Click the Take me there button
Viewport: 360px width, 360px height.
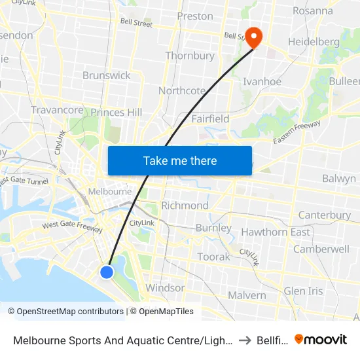coord(180,160)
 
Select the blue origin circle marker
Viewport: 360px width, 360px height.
coord(107,272)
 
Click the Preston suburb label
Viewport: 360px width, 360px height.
coord(195,16)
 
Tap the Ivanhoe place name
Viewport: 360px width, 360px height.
coord(262,82)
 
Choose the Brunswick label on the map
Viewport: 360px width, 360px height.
coord(107,75)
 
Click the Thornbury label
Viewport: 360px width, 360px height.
coord(190,56)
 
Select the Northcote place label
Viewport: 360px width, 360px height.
coord(182,91)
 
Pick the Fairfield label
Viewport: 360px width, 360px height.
coord(210,119)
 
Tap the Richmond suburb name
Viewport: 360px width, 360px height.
coord(185,206)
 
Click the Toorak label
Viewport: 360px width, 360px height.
coord(213,257)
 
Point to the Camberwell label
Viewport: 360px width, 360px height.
coord(321,249)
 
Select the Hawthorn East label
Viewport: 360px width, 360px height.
coord(276,232)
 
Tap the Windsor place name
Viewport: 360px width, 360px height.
coord(165,288)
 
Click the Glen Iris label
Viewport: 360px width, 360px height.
coord(304,291)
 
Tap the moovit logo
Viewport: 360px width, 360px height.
coord(321,339)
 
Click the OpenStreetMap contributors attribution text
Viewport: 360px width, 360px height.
coord(70,312)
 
